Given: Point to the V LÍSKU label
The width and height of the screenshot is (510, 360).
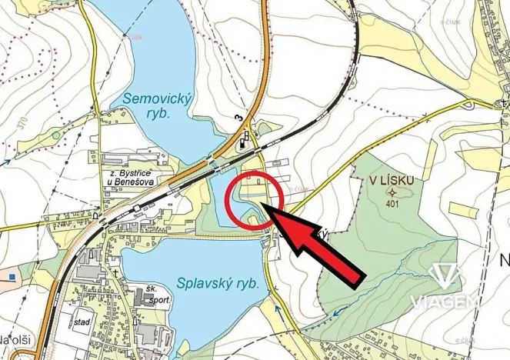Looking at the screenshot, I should (x=391, y=179).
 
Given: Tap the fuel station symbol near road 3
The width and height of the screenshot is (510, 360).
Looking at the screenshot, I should (x=245, y=139).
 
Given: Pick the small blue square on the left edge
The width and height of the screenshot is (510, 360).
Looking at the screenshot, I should (x=12, y=275).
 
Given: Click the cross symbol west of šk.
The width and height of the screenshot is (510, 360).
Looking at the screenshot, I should (x=115, y=272).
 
